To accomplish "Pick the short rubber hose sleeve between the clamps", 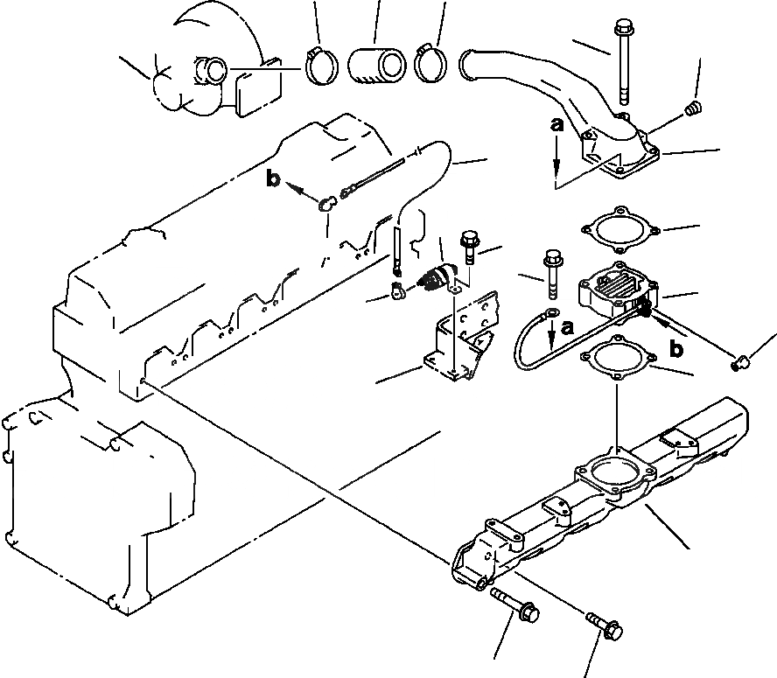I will click(x=376, y=67).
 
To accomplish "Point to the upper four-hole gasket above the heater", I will click(x=616, y=229).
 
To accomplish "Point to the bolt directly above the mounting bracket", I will click(x=469, y=247).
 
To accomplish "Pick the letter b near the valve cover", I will click(x=274, y=180).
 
